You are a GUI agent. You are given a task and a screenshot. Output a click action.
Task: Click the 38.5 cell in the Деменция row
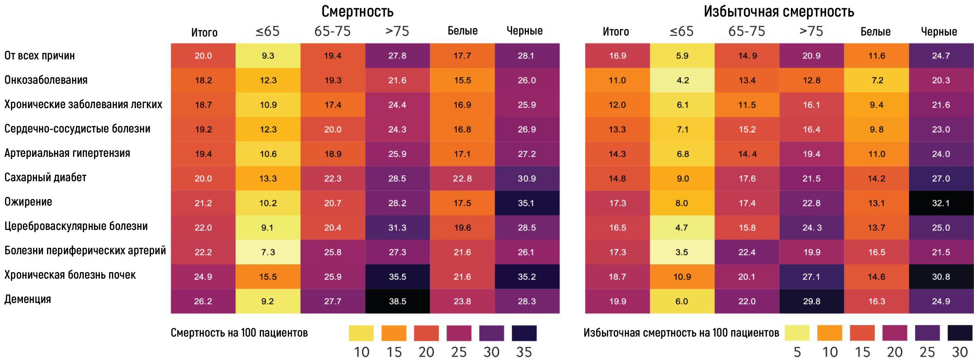(x=397, y=301)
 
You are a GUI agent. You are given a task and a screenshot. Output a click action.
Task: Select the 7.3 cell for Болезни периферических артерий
(x=268, y=252)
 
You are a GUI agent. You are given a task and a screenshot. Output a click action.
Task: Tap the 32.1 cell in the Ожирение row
(x=941, y=203)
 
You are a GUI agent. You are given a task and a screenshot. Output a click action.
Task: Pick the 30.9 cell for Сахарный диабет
(x=527, y=178)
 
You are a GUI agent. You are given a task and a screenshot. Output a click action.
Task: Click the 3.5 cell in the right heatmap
(x=682, y=252)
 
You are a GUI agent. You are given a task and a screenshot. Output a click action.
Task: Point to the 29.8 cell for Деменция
(x=811, y=301)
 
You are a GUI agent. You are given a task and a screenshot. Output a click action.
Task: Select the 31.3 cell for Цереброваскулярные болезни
(x=397, y=227)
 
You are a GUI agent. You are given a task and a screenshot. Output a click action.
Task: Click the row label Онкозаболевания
(x=46, y=80)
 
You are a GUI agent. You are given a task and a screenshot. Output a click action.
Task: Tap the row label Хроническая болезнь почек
(x=70, y=275)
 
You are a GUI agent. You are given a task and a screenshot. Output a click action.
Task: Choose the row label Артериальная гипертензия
(x=67, y=153)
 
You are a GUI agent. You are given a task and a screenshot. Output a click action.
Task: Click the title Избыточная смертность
(x=779, y=11)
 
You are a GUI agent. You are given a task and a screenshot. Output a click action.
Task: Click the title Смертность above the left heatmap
(x=357, y=11)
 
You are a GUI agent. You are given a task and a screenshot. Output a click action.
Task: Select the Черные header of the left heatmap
(x=524, y=31)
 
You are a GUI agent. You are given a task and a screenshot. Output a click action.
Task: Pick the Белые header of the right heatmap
(x=876, y=32)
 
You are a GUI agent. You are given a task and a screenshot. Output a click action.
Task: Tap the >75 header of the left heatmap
(x=397, y=31)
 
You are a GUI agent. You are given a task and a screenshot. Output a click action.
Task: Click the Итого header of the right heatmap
(x=616, y=32)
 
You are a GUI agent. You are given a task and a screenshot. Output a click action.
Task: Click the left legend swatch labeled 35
(x=524, y=333)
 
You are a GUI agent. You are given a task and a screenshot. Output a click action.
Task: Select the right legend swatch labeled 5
(x=797, y=333)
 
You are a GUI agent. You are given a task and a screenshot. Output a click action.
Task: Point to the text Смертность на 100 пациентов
(x=239, y=333)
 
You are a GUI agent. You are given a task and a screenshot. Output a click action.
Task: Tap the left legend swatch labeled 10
(x=361, y=333)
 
